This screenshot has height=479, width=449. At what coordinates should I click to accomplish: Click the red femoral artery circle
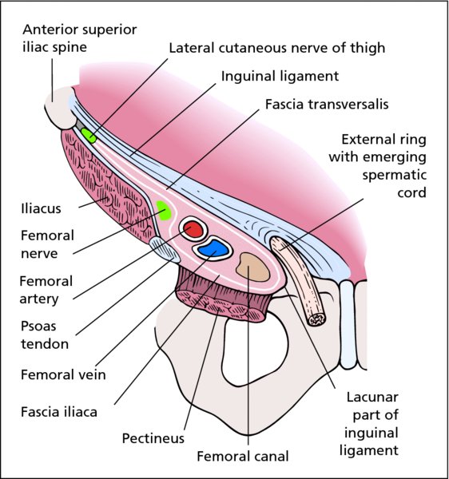point(193,230)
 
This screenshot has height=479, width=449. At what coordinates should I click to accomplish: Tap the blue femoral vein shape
point(213,248)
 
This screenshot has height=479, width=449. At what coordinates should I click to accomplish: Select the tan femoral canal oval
point(252,267)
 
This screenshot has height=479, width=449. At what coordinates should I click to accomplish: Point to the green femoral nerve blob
point(164,211)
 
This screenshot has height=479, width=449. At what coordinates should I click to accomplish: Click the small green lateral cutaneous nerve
point(89,136)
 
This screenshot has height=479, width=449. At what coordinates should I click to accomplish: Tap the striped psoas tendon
point(165,250)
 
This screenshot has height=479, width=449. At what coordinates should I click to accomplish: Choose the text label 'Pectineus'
point(153,438)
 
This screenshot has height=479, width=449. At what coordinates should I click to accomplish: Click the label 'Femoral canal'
point(243,457)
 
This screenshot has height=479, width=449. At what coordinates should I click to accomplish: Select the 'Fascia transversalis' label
point(327,104)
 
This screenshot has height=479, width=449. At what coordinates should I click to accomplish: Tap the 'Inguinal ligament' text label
point(280,76)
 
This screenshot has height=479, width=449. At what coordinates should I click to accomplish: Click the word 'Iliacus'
point(42,208)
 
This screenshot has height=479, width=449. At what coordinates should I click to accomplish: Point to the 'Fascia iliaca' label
point(59,412)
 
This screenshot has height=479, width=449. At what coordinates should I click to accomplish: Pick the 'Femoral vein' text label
point(63,374)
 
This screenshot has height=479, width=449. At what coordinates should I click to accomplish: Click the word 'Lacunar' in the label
point(372,397)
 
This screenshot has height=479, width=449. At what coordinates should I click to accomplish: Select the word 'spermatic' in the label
point(395,175)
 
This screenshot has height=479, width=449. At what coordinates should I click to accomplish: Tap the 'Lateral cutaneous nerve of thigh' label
point(277,48)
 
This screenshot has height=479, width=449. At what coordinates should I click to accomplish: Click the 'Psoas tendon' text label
point(45,335)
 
